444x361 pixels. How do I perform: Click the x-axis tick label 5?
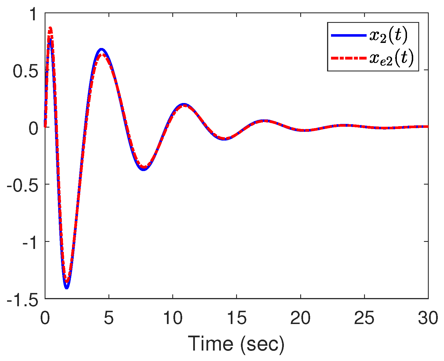pos(108,318)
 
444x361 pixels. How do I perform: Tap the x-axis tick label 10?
pos(172,318)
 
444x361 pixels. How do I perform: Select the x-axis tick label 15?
pos(236,318)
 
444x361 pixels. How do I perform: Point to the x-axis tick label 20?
pos(300,318)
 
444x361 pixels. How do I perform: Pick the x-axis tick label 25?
pos(364,318)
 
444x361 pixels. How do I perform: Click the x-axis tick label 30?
pos(428,318)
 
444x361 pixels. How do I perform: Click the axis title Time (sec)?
pos(236,344)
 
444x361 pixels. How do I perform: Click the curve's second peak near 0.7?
pos(101,50)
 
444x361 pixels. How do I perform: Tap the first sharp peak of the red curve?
pos(50,28)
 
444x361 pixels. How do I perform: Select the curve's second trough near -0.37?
pos(144,169)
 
